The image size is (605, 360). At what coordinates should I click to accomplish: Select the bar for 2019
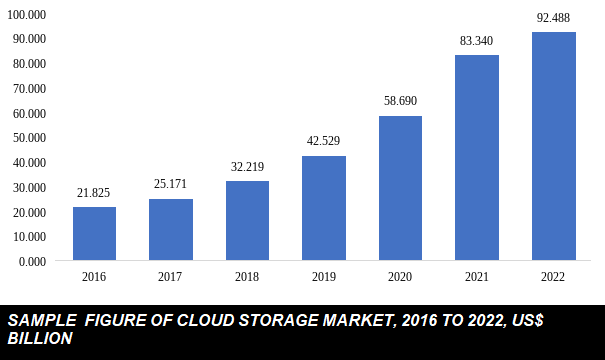click(324, 208)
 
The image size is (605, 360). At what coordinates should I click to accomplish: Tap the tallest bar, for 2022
click(553, 147)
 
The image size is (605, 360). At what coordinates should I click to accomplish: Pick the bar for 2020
click(400, 188)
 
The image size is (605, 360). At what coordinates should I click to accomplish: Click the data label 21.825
click(94, 192)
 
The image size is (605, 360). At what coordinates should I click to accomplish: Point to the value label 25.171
click(170, 184)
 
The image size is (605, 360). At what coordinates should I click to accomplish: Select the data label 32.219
click(247, 167)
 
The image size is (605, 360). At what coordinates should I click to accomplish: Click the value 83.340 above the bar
click(476, 40)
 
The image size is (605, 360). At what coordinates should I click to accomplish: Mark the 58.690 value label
click(400, 101)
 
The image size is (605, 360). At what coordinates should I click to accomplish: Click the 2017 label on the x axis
click(170, 277)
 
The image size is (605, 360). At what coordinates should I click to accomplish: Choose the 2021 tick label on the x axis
click(476, 277)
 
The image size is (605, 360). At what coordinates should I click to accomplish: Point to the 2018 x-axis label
click(247, 277)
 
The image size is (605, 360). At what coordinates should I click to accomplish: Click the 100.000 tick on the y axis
click(27, 14)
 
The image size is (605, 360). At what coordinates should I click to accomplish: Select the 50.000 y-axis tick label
click(30, 138)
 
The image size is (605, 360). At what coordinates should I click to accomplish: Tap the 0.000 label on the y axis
click(33, 262)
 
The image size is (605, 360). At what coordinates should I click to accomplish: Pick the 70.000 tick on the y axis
click(30, 88)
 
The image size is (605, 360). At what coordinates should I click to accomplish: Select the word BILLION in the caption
click(40, 339)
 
